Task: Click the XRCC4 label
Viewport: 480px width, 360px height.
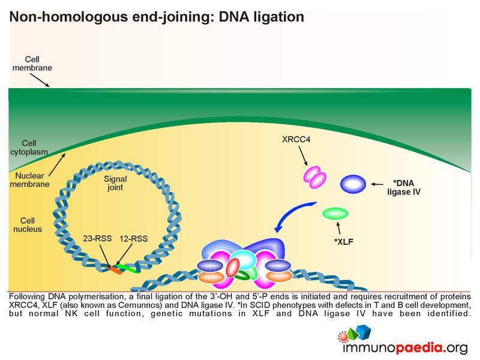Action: [x=296, y=140]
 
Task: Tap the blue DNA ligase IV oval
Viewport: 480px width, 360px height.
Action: [x=353, y=184]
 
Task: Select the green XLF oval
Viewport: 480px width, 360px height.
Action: [x=335, y=214]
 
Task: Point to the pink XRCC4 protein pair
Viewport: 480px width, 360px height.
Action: [x=314, y=177]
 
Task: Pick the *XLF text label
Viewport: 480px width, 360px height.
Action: [x=343, y=242]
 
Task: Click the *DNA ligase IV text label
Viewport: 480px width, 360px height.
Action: [x=404, y=187]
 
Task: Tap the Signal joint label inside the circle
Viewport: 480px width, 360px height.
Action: [x=115, y=183]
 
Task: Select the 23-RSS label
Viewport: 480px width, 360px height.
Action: [x=97, y=238]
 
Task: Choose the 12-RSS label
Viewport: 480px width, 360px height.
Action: [x=133, y=238]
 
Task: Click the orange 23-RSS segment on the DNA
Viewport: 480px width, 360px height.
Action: [x=116, y=270]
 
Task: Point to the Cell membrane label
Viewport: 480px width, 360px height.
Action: [x=32, y=64]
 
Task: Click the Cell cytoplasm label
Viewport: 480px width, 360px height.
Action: [x=29, y=147]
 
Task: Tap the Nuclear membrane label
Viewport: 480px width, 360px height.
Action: [x=29, y=179]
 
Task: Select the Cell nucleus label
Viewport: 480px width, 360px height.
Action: [x=28, y=224]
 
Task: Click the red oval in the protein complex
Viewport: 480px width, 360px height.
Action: [x=233, y=267]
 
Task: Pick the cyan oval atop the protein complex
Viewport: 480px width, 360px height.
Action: [x=244, y=259]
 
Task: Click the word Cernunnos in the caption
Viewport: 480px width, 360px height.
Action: [x=140, y=305]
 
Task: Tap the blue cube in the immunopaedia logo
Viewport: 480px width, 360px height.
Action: [x=364, y=332]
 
